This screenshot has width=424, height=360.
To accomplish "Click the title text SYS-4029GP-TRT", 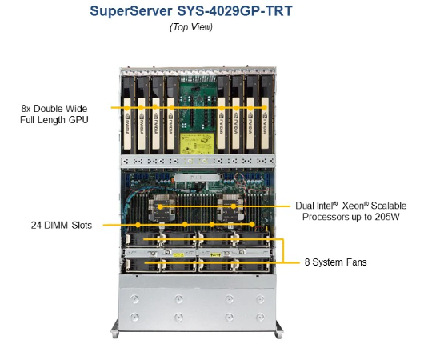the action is pos(234,11).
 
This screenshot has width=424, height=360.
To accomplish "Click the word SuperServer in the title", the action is pos(131,11).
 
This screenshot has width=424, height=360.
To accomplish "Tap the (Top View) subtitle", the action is pos(191,27).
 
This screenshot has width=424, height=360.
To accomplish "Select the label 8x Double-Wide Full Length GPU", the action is pos(54,114).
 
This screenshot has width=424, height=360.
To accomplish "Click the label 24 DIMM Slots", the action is pos(62,225).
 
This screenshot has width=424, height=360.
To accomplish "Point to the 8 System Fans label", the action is pos(335,262).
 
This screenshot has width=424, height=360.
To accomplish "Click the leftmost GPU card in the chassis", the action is pos(128,115).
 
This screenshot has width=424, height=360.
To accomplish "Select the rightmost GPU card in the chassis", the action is pos(266,115).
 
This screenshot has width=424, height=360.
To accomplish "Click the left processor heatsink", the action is pos(162,208).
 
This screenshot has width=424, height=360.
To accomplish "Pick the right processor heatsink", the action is pos(230,208).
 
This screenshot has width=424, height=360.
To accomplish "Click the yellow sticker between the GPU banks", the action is pos(198,144).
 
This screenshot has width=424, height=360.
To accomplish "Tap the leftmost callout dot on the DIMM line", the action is pos(138,225).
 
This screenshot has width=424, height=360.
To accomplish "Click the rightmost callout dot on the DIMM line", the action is pos(252,225).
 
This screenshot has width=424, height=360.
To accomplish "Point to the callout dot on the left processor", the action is pos(160,207).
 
